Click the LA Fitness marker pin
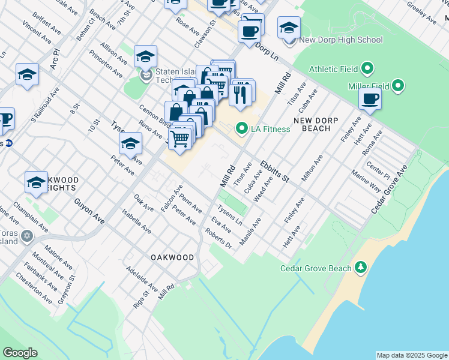coord(241,128)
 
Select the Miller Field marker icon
coord(397,86)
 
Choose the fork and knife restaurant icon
coord(240,94)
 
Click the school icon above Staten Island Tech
coord(145,57)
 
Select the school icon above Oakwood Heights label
coord(36,182)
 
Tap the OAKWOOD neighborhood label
coord(172,257)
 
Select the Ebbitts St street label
coord(275,172)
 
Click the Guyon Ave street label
coord(89,212)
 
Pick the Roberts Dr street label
coord(218,238)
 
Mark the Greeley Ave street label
coord(421,13)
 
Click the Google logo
coord(20,353)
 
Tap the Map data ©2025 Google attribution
coord(411,355)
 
